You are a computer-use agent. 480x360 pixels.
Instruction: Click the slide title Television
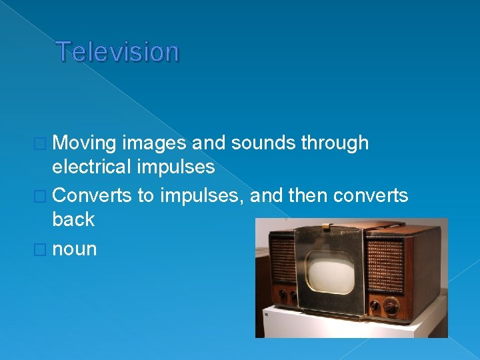(x=117, y=51)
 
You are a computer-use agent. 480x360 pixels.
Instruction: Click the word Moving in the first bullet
(x=85, y=143)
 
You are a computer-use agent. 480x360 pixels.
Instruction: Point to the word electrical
(x=94, y=166)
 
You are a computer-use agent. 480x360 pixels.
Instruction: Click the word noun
(x=74, y=249)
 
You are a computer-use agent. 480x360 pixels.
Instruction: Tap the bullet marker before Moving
(x=44, y=143)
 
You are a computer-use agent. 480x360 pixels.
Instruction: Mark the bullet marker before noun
(x=44, y=250)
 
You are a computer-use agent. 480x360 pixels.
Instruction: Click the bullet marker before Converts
(x=44, y=195)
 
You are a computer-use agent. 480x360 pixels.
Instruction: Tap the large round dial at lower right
(x=391, y=307)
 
